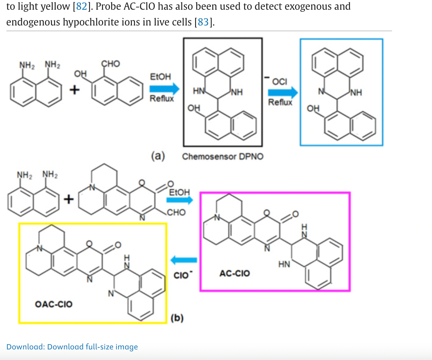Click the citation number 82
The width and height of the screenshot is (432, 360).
coord(81,6)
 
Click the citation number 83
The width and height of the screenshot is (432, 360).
coord(203,22)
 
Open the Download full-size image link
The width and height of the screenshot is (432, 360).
coord(72,347)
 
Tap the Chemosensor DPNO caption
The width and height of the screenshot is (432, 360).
coord(223,156)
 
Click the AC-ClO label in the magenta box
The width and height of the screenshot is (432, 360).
coord(234,273)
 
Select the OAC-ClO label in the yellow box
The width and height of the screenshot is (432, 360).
coord(54,304)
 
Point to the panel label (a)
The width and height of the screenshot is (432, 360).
coord(158,156)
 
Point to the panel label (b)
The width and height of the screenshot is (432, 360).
coord(177,318)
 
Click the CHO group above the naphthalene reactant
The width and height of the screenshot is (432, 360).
coord(111,64)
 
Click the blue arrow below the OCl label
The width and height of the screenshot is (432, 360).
coord(283,92)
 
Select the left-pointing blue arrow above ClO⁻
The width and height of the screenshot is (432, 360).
coord(184,260)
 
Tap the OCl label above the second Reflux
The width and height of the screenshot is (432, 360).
coord(279,82)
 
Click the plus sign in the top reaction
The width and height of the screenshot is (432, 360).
coord(75,90)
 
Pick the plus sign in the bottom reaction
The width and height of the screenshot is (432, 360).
coord(69,199)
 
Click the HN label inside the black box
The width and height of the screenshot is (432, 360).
coord(198,91)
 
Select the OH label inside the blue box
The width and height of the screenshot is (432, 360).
coord(313,108)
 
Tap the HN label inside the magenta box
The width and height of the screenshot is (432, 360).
coord(284,264)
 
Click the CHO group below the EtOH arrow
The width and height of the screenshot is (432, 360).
coord(176,212)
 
